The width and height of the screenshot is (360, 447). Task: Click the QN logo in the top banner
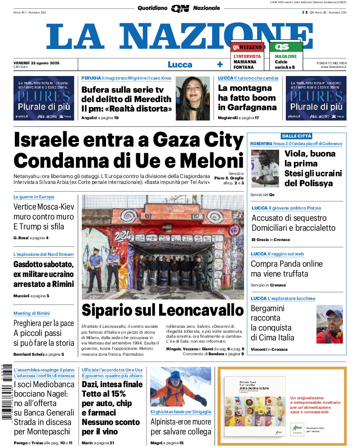tap(180, 8)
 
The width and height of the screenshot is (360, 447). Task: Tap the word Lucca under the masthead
tap(180, 64)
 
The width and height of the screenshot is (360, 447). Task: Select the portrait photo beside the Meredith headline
tap(192, 98)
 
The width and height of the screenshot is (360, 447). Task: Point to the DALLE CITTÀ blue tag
tap(297, 136)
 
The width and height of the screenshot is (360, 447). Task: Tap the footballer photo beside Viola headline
tap(265, 169)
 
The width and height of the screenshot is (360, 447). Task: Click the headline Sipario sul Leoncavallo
tap(163, 310)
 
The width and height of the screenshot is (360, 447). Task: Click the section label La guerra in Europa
tap(34, 197)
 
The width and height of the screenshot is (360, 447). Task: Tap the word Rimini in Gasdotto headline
tap(61, 283)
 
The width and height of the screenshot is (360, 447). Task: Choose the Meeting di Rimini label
tap(31, 313)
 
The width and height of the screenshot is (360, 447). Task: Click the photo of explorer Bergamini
tap(329, 324)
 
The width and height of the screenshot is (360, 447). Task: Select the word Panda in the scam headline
tap(298, 264)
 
